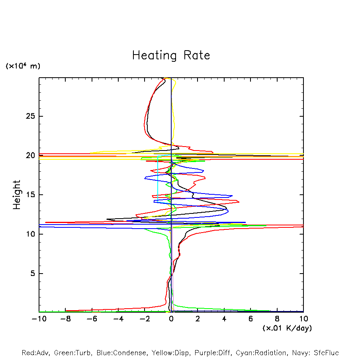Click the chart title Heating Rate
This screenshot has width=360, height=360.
coord(171,55)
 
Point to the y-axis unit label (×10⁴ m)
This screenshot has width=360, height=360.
coord(23,66)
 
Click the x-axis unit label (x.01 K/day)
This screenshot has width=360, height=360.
coord(287,328)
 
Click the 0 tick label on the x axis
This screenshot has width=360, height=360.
coord(171,319)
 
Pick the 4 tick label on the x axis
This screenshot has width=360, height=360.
coord(224,319)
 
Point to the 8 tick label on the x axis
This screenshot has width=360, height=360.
coord(277,319)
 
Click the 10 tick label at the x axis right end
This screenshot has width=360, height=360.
coord(303,319)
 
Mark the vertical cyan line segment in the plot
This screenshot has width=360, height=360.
coord(158,179)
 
